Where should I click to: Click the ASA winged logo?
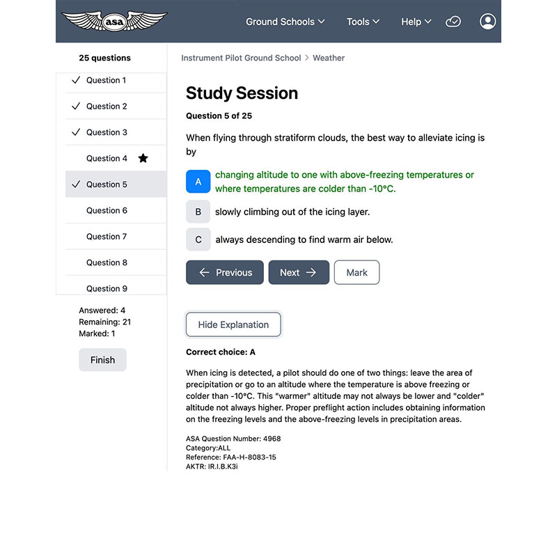[x=114, y=21]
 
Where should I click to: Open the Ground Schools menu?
[x=285, y=22]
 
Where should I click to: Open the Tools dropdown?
[x=363, y=22]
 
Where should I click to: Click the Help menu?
[x=416, y=22]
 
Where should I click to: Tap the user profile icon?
[x=487, y=22]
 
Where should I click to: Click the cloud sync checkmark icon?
[x=453, y=22]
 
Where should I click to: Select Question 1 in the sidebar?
[x=106, y=80]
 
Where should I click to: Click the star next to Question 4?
[x=143, y=159]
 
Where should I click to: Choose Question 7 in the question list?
[x=106, y=237]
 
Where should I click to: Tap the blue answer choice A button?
[x=198, y=182]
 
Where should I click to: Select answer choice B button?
[x=198, y=212]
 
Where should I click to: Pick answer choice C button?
[x=198, y=240]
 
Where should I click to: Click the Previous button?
[x=224, y=272]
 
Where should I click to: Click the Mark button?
[x=356, y=272]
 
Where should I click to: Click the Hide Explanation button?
[x=233, y=324]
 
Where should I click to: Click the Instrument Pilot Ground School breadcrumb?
[x=241, y=58]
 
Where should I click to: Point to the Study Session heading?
[x=242, y=93]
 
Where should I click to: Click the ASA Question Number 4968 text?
[x=233, y=439]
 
